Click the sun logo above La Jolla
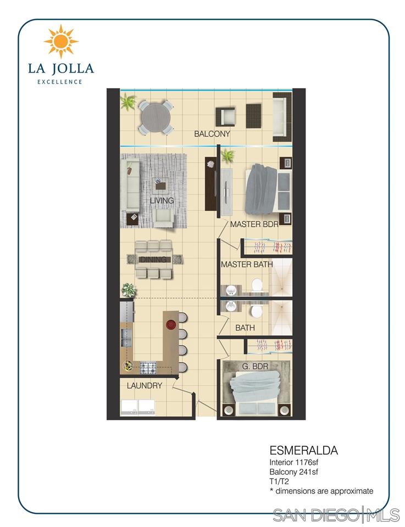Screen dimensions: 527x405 coord(61,41)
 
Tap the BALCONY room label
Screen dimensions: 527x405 coord(212,134)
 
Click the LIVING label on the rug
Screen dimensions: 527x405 coord(162,201)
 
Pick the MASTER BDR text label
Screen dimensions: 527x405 coord(254,225)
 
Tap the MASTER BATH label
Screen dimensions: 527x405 coord(247,265)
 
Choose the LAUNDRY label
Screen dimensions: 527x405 coord(145,386)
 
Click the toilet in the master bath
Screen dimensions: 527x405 coord(256,285)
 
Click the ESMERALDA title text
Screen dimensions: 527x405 coord(303,451)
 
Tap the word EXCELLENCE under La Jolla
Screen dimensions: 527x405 coord(60,82)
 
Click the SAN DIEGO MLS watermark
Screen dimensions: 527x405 coord(336,515)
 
